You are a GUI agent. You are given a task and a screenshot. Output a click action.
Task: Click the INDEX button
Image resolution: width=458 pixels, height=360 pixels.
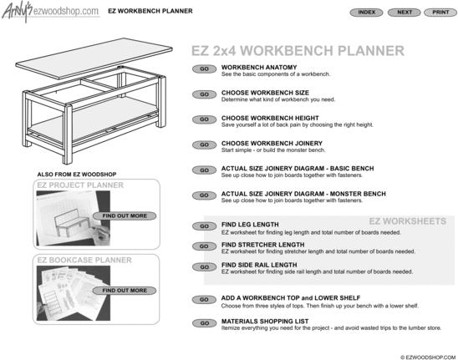366,13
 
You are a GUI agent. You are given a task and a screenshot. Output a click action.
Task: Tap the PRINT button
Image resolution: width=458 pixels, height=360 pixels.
440,13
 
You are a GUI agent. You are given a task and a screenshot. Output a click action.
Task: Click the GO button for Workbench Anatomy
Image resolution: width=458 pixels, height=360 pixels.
204,68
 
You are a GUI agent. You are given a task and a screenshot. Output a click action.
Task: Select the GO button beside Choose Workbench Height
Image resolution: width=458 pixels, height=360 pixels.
204,119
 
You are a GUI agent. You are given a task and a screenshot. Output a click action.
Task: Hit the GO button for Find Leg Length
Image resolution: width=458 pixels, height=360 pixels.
204,226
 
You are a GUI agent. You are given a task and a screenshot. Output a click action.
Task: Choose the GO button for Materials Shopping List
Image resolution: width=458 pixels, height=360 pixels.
204,323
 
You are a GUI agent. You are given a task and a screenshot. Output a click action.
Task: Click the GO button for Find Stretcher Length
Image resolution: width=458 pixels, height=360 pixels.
204,246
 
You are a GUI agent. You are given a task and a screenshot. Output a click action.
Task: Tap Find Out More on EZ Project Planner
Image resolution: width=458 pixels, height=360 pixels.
125,215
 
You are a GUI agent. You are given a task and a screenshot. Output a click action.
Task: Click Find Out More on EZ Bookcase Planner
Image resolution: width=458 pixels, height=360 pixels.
125,291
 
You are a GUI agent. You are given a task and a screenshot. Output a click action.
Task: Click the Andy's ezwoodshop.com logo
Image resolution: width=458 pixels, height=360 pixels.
51,12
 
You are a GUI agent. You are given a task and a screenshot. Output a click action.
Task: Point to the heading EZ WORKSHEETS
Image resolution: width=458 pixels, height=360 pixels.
408,221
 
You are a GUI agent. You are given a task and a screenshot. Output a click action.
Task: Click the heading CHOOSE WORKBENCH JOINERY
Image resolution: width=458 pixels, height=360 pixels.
272,144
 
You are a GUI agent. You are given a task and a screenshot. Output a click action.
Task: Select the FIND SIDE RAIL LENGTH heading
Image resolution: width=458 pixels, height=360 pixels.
259,265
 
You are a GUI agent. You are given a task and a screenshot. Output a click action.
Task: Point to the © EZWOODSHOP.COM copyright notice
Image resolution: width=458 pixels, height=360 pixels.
428,357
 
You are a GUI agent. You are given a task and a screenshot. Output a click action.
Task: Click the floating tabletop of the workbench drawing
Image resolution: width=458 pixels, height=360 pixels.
94,58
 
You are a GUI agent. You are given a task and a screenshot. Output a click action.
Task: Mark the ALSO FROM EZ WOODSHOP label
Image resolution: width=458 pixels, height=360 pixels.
77,175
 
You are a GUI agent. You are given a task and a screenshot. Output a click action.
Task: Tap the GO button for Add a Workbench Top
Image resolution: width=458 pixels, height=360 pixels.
204,300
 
